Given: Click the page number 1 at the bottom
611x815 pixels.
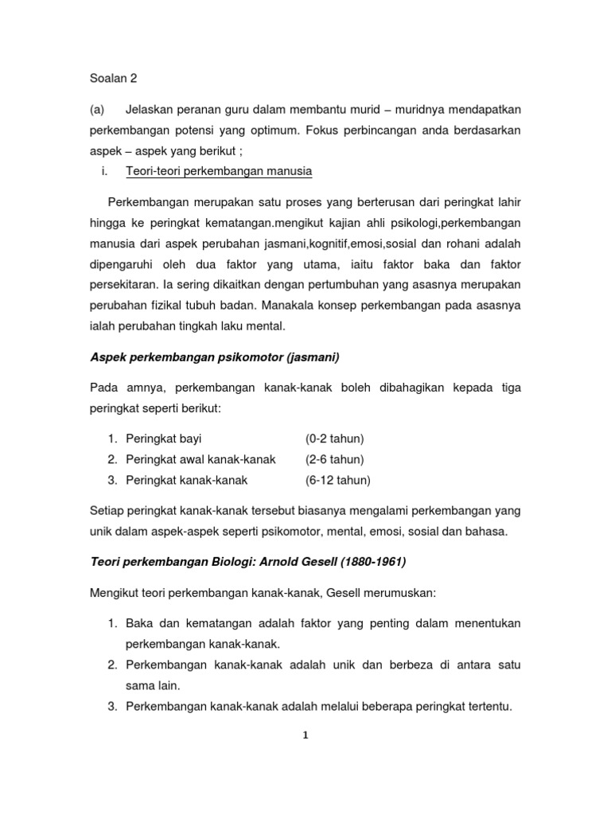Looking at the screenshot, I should [305, 735].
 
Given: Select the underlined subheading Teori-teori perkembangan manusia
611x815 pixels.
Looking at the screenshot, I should [219, 171].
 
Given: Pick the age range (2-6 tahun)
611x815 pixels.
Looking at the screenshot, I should [333, 459].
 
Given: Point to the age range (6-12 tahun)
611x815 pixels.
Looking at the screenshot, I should [337, 480].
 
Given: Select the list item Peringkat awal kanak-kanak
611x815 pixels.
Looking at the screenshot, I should [200, 459].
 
